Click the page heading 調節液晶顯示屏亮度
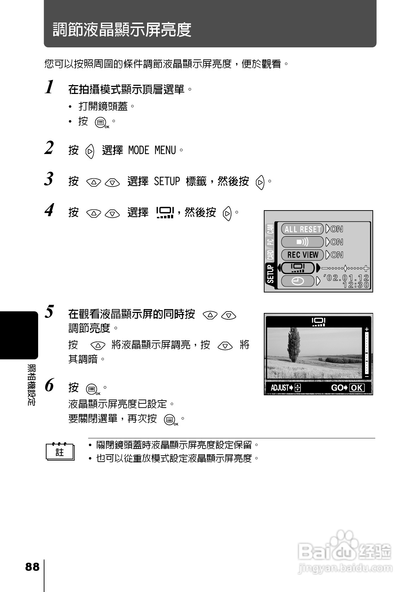click(x=122, y=30)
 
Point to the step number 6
click(x=50, y=385)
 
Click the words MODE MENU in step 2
click(x=152, y=150)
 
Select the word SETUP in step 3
click(x=167, y=182)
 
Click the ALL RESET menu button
click(x=302, y=229)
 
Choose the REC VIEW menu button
click(x=302, y=255)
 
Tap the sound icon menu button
click(x=302, y=242)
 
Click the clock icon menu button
click(x=298, y=281)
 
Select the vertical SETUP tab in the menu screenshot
click(x=271, y=274)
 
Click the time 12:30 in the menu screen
click(x=356, y=285)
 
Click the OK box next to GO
click(x=357, y=388)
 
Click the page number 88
click(x=32, y=567)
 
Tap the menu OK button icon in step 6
click(x=92, y=390)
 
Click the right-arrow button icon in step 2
click(x=90, y=151)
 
